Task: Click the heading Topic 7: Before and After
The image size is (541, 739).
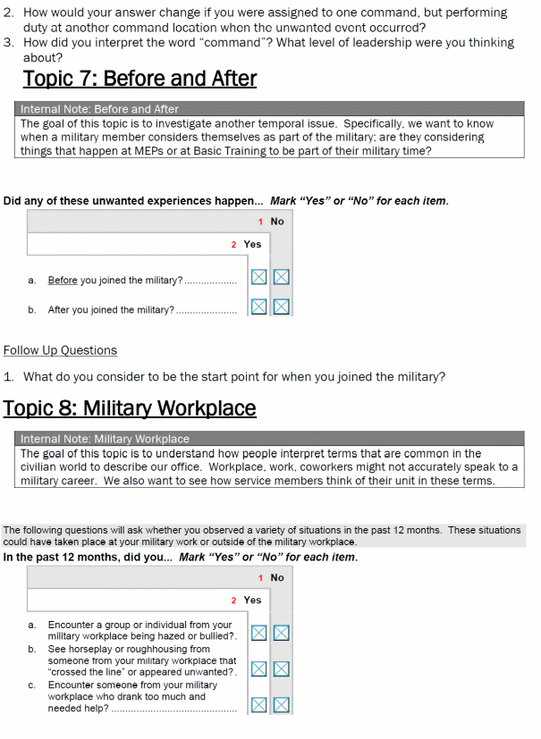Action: pyautogui.click(x=139, y=79)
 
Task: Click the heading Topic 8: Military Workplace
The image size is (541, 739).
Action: pyautogui.click(x=130, y=408)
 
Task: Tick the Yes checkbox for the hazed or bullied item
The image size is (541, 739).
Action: pyautogui.click(x=258, y=634)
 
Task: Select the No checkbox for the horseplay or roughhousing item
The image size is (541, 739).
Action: pyautogui.click(x=282, y=668)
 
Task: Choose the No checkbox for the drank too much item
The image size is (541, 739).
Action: pyautogui.click(x=282, y=704)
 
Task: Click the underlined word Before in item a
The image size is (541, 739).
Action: pyautogui.click(x=63, y=281)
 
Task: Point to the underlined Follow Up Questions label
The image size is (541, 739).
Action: pyautogui.click(x=60, y=350)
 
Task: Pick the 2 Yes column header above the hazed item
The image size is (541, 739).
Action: pyautogui.click(x=246, y=600)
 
